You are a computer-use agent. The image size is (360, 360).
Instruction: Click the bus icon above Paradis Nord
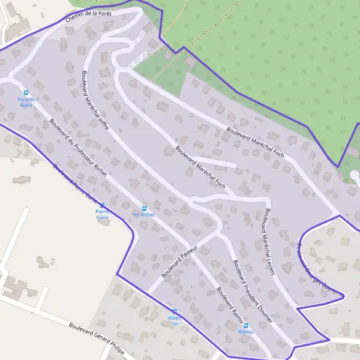click(26, 92)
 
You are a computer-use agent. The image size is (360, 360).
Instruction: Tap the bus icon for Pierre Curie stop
click(101, 205)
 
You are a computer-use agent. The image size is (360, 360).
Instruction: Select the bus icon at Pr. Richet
click(144, 208)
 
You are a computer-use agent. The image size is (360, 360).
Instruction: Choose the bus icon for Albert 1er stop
click(175, 311)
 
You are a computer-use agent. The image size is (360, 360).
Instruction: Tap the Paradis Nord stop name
click(26, 102)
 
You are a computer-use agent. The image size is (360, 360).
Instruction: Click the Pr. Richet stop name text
click(144, 214)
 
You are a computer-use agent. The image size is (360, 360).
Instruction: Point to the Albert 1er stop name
click(175, 320)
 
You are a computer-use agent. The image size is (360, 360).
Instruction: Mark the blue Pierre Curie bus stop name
click(102, 214)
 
